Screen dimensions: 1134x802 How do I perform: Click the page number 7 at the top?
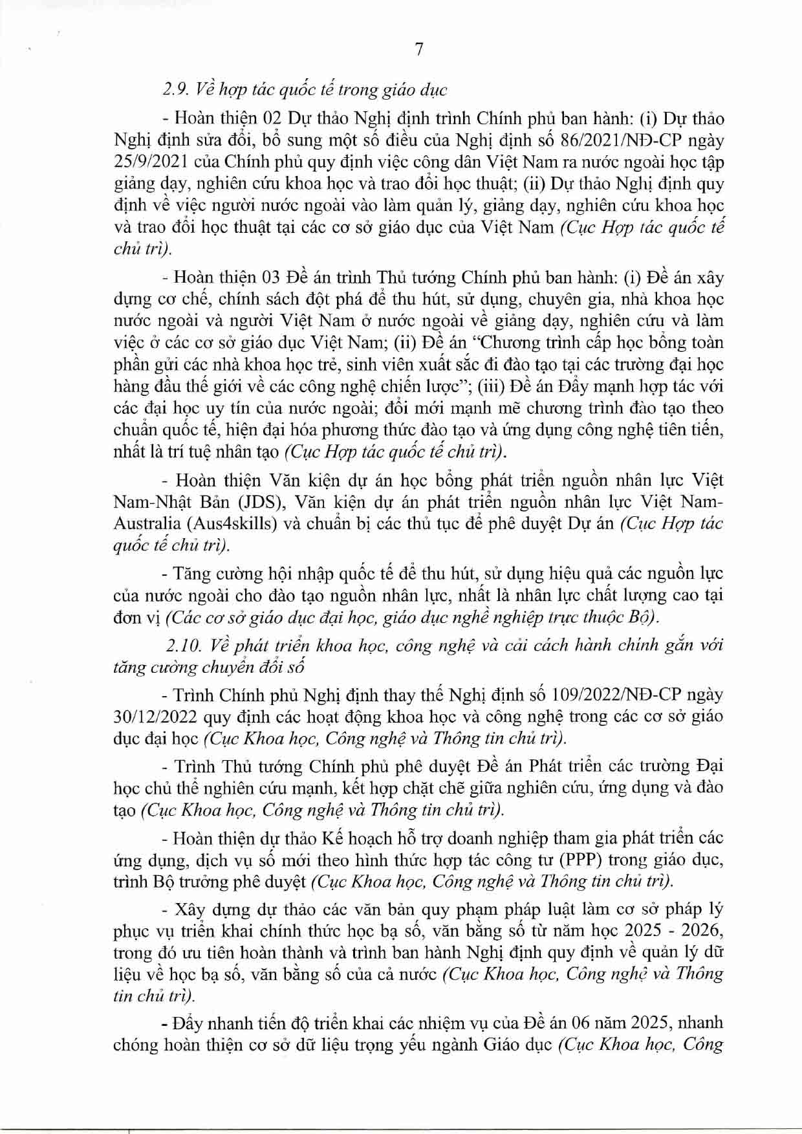(418, 49)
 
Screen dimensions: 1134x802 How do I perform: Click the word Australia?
(145, 523)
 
